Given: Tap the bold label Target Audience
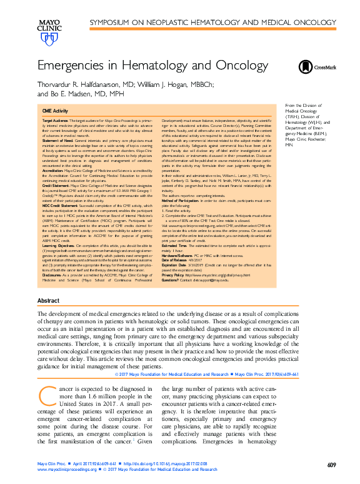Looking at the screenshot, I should click(x=56, y=119).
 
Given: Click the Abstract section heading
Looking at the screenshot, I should click(x=49, y=301).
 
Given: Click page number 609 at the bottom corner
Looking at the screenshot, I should click(x=332, y=465).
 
